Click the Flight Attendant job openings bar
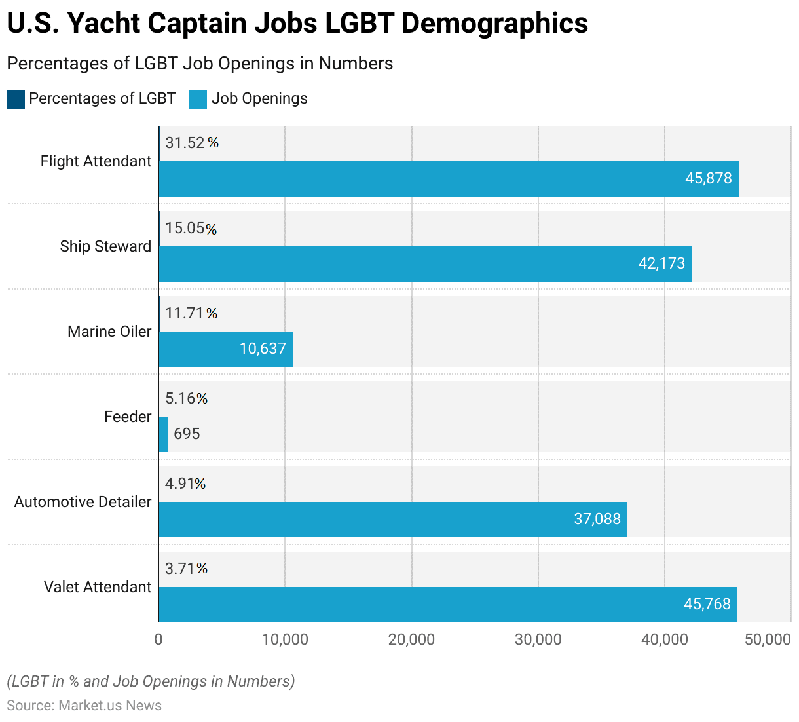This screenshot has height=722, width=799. coord(449,179)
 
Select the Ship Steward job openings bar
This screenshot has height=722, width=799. coord(425,264)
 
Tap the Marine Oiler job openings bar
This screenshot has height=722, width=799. coord(226,349)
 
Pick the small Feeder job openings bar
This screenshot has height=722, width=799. coord(163,434)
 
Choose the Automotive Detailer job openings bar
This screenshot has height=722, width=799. coord(393,520)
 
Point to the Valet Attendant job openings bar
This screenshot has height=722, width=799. coord(448,605)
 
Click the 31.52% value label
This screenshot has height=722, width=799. coord(191,143)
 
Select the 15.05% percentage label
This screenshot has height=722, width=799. coord(191,228)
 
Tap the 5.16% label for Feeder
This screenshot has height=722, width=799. coord(186,398)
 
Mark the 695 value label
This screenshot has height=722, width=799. coord(187,434)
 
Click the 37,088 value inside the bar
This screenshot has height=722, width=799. coord(597,519)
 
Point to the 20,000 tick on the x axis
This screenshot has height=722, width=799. coord(411,639)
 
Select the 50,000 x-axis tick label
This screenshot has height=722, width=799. coord(768,639)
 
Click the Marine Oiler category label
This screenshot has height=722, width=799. coord(109,332)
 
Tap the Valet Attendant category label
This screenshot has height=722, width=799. coord(98,587)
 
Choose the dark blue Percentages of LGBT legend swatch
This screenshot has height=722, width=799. coord(16,99)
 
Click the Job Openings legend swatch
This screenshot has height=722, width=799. coord(198,99)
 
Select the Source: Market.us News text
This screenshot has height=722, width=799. coord(84,706)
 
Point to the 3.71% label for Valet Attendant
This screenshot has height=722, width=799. coord(186,569)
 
